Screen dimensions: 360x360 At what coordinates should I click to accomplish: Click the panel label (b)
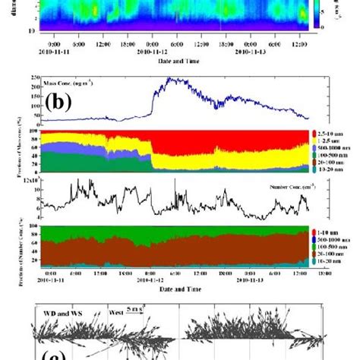[62, 103]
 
